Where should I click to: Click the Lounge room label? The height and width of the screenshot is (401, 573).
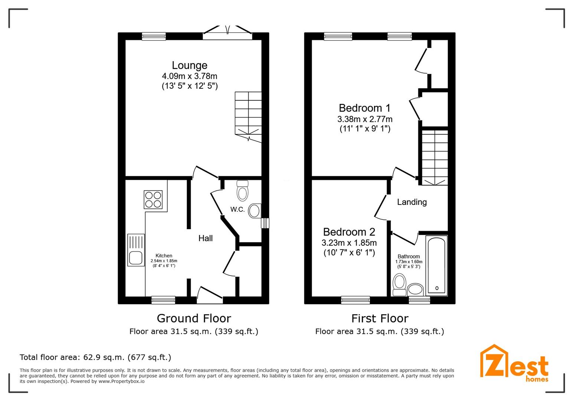point(190,65)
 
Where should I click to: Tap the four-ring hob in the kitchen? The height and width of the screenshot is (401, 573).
point(153,200)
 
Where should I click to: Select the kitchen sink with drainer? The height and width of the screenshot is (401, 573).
point(136,250)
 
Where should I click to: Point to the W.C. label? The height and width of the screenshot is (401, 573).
point(238,209)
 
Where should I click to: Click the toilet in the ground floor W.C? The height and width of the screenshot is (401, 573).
point(242,190)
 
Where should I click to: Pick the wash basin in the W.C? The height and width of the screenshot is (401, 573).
point(255,211)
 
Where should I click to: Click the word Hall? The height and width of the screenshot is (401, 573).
point(205,238)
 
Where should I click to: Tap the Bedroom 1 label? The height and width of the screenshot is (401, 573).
point(364,108)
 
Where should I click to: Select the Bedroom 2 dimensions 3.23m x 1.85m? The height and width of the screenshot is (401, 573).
point(349,242)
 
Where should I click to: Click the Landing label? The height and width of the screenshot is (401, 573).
point(412,202)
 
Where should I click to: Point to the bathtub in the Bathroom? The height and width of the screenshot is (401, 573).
point(437,265)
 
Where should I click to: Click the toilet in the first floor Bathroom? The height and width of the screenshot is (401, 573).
point(399,285)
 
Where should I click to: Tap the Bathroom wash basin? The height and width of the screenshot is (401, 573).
point(415,290)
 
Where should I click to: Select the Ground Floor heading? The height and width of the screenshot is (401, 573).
point(194,319)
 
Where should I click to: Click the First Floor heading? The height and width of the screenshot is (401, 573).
point(380,319)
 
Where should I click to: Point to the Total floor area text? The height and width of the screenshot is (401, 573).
point(95,357)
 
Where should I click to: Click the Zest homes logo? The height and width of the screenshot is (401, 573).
point(514,363)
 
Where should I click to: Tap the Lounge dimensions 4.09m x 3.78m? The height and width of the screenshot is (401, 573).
point(190,76)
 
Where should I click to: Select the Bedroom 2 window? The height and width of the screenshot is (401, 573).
point(356,300)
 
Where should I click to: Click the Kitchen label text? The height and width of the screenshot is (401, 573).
point(164,256)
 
